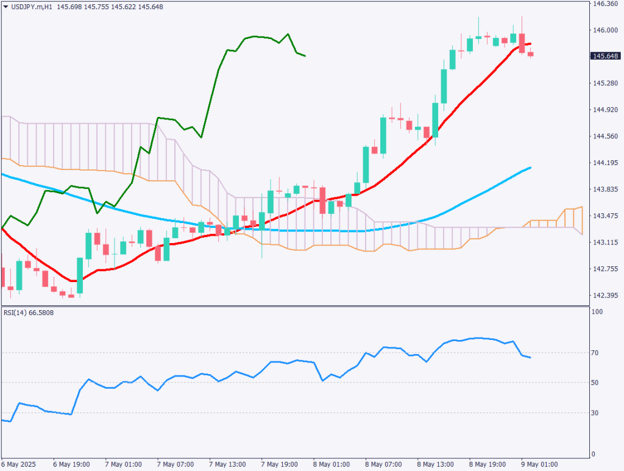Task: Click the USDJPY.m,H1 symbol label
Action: coord(30,6)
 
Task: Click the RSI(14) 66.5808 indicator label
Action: coord(28,313)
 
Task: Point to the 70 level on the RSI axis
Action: coord(597,353)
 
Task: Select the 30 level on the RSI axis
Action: coord(597,413)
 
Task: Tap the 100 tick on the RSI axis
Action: coord(598,312)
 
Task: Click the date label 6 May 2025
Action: coord(20,464)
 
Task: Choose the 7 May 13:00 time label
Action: coord(227,464)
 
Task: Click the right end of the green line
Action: coord(305,56)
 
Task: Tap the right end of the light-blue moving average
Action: coord(530,168)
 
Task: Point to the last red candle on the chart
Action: coord(530,55)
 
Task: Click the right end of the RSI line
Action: coord(530,358)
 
